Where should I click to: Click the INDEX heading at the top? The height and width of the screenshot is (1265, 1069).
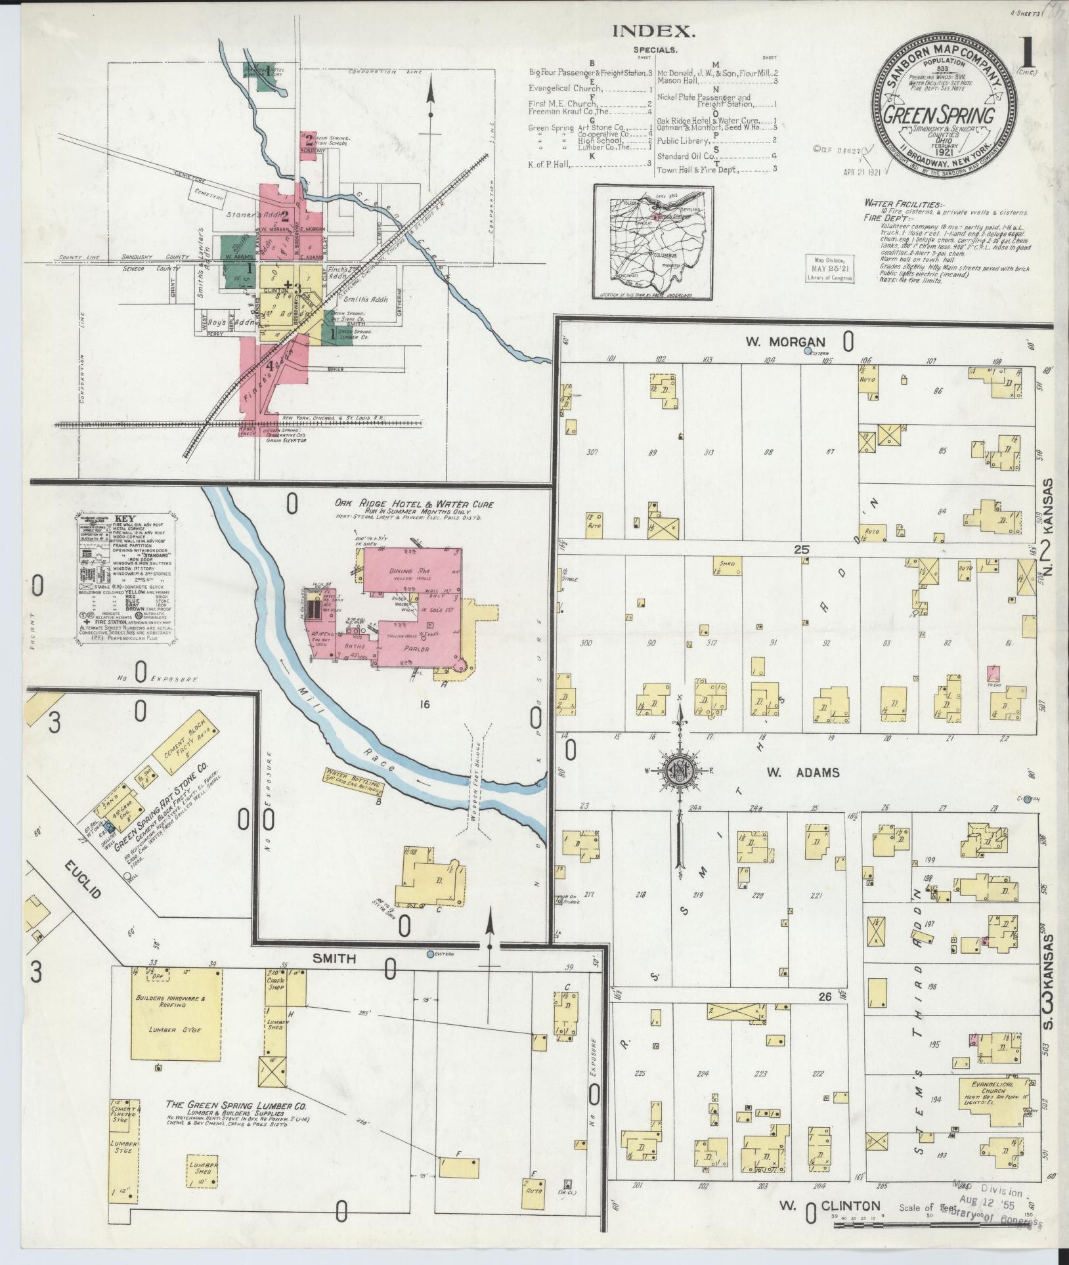[x=643, y=31]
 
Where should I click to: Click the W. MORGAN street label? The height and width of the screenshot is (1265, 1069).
[x=784, y=341]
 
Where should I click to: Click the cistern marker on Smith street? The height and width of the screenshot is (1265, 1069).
[x=430, y=954]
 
